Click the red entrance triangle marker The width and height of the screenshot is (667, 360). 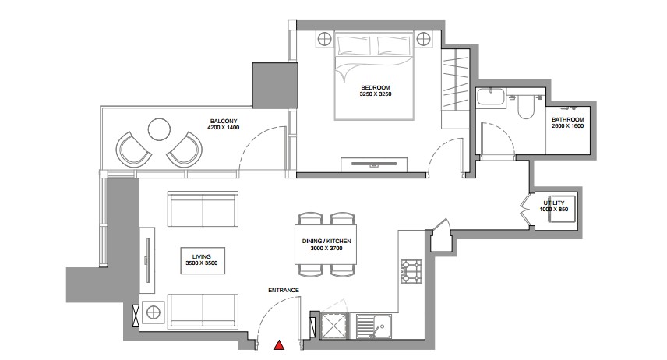coord(279,345)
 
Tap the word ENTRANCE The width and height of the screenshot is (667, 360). coord(284,290)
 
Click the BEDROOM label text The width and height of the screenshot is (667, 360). coord(376,87)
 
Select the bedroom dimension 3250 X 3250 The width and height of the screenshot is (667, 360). coord(376,94)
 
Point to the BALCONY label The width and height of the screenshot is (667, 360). coord(224,122)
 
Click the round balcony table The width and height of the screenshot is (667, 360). coord(159,129)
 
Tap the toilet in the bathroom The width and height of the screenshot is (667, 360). coord(525,107)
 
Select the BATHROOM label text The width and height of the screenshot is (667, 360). coord(568,119)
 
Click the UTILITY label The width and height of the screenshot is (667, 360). coord(554,203)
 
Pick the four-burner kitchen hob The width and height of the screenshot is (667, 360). coord(411,271)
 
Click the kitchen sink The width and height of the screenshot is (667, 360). coord(373,326)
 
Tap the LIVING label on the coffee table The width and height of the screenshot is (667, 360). coord(202,256)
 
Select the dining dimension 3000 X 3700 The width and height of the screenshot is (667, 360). coord(326,248)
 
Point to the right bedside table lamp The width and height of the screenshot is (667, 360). coord(423,40)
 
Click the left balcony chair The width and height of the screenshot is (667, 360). coord(132,150)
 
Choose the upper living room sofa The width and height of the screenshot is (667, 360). coord(203,209)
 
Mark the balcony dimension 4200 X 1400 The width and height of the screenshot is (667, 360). coord(224,128)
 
